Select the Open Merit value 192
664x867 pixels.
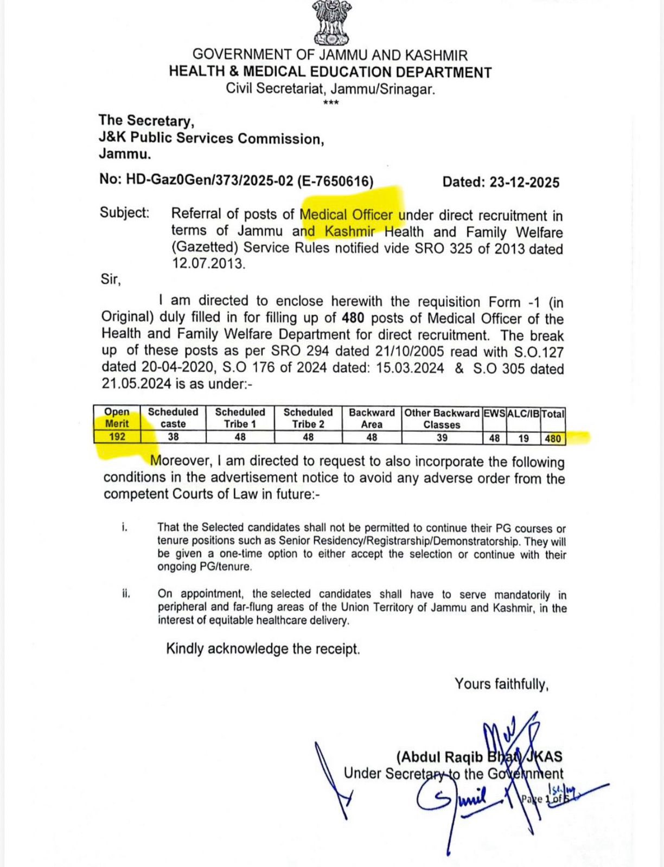coord(117,437)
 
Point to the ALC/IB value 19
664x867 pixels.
coord(523,438)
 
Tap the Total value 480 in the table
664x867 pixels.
coord(553,438)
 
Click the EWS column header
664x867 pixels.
coord(494,413)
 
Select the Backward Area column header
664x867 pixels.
coord(372,418)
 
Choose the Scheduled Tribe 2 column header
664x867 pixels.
coord(308,418)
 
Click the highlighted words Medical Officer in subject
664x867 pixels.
coord(346,215)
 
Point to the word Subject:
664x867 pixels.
coord(124,212)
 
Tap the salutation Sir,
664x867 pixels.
coord(111,280)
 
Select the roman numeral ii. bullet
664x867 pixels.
coord(126,594)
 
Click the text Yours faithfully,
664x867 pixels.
coord(501,684)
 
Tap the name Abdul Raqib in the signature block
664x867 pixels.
coord(440,757)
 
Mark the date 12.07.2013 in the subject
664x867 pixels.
coord(208,264)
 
